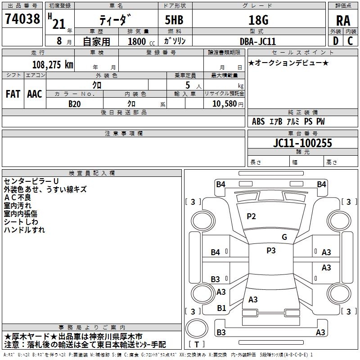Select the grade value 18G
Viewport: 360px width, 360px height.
258,20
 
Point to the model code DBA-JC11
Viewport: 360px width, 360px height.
258,41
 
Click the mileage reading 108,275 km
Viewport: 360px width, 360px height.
53,64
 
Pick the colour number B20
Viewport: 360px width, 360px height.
74,103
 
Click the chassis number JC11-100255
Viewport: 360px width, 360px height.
302,143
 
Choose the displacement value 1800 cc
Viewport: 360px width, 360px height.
139,41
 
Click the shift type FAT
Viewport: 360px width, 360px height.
13,94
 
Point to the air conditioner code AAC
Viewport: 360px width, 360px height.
35,94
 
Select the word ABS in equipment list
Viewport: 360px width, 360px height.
258,121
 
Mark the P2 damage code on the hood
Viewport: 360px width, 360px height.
251,216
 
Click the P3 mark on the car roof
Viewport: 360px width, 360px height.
271,251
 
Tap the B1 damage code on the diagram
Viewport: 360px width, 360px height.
221,308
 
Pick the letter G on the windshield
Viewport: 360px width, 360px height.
284,237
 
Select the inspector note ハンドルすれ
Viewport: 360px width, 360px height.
24,230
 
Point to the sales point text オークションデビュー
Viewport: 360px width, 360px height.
288,63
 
